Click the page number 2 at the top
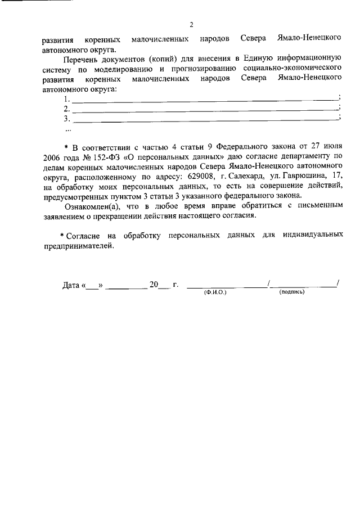[191, 25]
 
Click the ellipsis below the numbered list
[69, 129]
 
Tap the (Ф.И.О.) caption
[215, 293]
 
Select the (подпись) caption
[291, 292]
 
